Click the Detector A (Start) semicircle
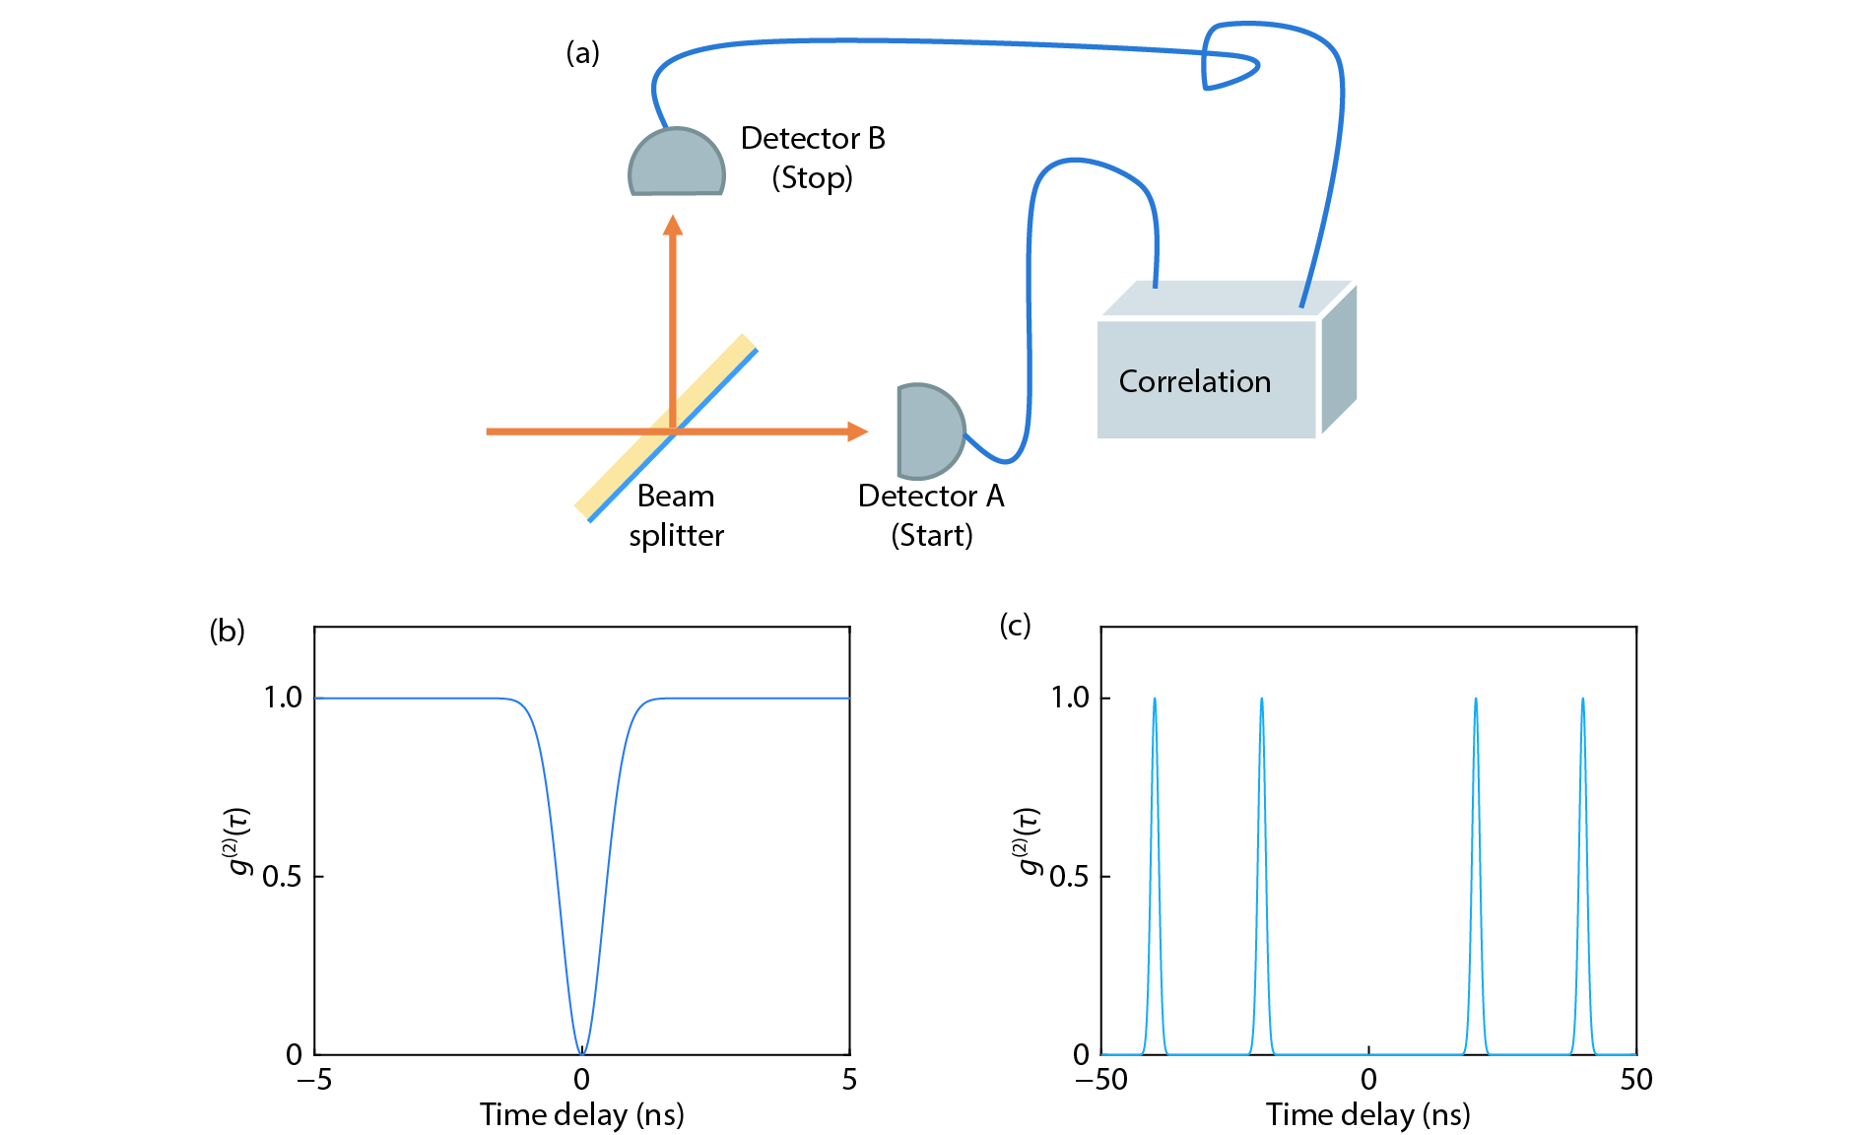coord(927,432)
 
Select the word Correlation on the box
coord(1194,381)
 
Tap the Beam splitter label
coord(676,515)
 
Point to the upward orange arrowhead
coord(673,226)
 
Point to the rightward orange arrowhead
coord(857,432)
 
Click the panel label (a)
coord(582,52)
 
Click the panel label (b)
coord(227,631)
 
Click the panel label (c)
coord(1015,625)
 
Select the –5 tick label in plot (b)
coord(313,1080)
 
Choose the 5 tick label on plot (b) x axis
coord(849,1080)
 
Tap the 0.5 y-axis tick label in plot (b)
coord(282,876)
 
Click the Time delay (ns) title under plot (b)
coord(581,1114)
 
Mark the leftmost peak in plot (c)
coord(1155,701)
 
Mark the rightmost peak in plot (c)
coord(1583,701)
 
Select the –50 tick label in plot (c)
coord(1100,1080)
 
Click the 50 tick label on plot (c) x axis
coord(1636,1080)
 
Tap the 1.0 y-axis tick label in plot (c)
coord(1070,698)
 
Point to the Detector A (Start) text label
coord(931,515)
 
